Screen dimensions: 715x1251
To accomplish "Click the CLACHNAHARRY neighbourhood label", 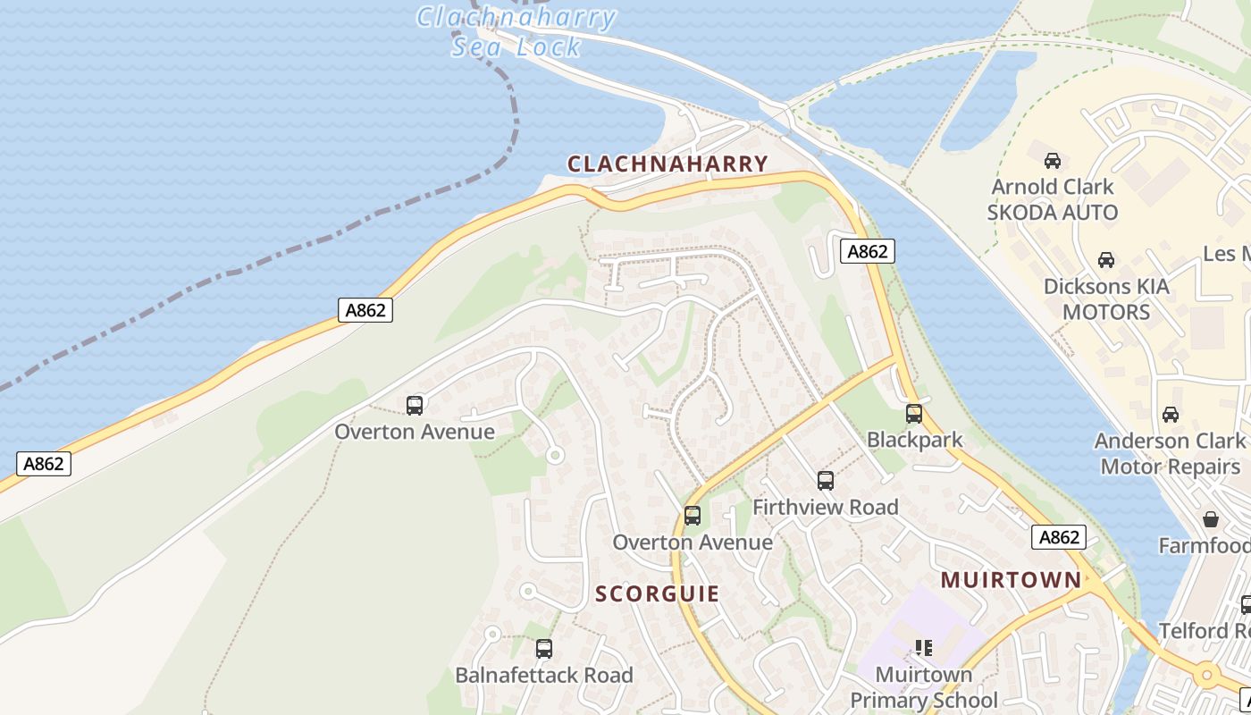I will point(667,164).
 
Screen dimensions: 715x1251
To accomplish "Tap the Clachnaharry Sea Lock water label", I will point(516,31).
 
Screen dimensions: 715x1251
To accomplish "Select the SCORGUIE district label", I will point(657,594).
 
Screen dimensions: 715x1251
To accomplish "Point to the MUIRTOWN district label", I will point(1011,580).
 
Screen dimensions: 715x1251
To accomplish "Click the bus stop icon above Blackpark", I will point(913,414).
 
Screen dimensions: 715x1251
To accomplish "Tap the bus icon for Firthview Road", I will point(825,481).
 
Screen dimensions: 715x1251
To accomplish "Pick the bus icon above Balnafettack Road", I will point(543,649).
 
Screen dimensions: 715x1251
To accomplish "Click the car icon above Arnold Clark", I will point(1053,161).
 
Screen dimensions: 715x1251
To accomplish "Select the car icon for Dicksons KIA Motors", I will point(1106,260).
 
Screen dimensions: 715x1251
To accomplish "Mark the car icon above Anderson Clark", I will point(1170,415).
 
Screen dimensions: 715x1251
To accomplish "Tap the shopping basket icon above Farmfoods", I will point(1211,519).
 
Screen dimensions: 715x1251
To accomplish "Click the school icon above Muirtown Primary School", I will point(923,648).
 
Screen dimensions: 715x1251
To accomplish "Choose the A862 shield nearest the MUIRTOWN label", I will point(1059,537).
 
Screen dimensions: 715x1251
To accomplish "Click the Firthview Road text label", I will point(825,508).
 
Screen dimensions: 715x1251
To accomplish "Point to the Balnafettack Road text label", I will point(543,676).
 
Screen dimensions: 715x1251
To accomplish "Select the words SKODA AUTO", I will point(1052,213).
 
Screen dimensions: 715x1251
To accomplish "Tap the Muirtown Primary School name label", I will point(923,686).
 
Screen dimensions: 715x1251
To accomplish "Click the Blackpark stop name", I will point(915,440).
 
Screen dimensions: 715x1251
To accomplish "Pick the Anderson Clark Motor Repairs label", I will point(1170,453).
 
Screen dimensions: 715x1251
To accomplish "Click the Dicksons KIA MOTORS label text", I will point(1106,299).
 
